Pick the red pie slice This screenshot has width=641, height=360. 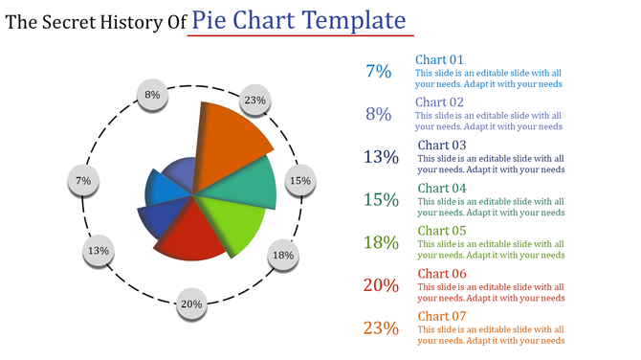[191, 235]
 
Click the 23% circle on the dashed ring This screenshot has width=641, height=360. [254, 101]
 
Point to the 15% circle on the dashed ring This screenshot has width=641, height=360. [300, 181]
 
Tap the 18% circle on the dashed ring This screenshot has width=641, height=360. [282, 256]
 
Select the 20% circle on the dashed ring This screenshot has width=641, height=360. [191, 304]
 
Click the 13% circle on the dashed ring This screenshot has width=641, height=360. [98, 252]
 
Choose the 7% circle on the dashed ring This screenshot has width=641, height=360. [83, 181]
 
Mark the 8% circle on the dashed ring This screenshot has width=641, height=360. [152, 95]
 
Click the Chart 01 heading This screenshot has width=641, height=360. [438, 59]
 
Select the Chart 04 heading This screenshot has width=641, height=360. [441, 189]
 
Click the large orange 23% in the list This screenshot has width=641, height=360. [381, 328]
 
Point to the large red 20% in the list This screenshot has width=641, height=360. [381, 285]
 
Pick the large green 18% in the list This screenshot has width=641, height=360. [381, 242]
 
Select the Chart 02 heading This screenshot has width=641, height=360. [440, 102]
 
